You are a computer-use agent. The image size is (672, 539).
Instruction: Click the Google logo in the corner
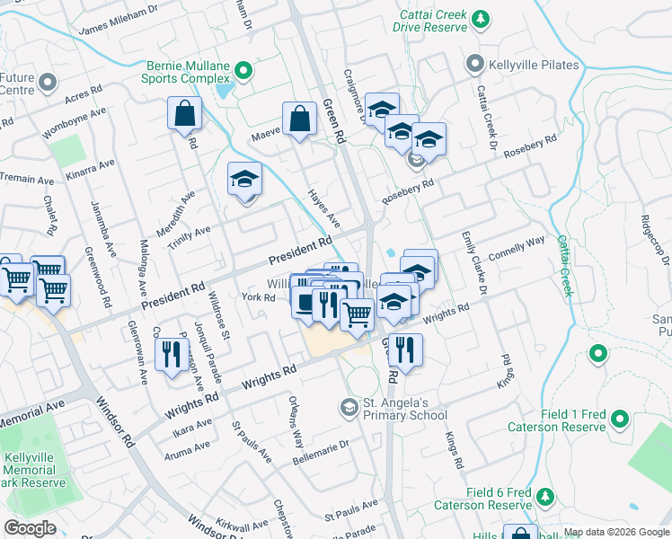(31, 528)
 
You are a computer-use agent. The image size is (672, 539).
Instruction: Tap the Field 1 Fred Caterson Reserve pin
(619, 418)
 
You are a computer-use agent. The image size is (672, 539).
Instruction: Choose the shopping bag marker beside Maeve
(299, 119)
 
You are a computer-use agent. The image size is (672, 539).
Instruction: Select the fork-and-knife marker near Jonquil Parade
(169, 353)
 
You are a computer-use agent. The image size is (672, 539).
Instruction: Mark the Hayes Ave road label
(324, 208)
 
